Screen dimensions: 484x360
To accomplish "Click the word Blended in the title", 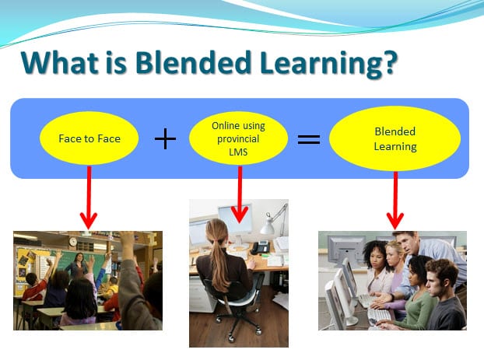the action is (x=193, y=63).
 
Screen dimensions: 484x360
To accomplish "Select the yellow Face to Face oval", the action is (x=89, y=138).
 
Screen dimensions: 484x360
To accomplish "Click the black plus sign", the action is (x=166, y=139).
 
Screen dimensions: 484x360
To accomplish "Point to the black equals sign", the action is (x=309, y=139).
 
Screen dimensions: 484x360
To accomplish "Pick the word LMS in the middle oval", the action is (x=238, y=152).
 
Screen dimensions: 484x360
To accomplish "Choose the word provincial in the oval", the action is (x=238, y=139).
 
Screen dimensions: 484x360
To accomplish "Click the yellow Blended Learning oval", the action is (x=395, y=138).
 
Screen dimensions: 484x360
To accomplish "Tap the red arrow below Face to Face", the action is (x=89, y=197).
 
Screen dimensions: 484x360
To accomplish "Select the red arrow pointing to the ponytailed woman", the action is (x=240, y=194).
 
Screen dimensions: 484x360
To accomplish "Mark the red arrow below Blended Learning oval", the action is (x=395, y=201).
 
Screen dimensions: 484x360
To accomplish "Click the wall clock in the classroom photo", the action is (x=73, y=242).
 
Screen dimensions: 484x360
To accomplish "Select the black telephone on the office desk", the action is (x=260, y=247).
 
